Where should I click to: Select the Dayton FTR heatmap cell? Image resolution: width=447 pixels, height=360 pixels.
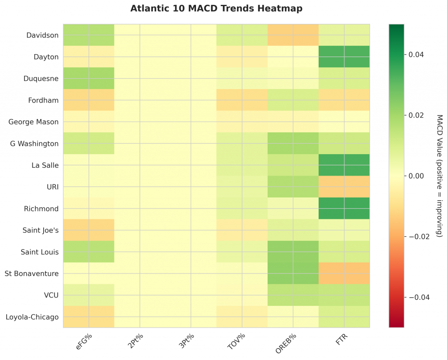coord(344,57)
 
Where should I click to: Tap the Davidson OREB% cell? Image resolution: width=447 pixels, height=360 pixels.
coord(293,35)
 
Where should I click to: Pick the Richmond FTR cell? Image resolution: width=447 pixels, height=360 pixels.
coord(344,208)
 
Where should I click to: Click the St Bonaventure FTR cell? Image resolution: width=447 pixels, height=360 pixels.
coord(344,273)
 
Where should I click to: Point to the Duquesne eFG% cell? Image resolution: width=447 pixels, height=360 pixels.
coord(89,78)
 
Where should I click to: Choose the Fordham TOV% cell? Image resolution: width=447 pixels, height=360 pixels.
coord(242,100)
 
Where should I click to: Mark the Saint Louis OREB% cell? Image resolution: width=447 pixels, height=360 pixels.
coord(293,252)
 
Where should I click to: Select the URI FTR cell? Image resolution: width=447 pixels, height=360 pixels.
coord(344,187)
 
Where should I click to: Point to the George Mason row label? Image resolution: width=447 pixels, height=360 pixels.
coord(34,122)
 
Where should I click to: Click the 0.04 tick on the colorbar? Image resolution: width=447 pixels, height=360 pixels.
coord(416,55)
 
